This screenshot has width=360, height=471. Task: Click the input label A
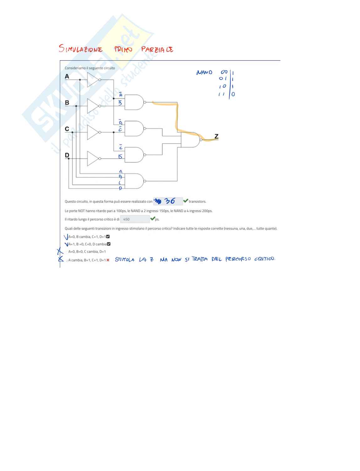point(67,76)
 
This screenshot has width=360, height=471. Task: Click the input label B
point(67,103)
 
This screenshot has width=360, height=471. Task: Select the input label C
point(67,129)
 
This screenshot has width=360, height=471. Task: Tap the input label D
point(67,155)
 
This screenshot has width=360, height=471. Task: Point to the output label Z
point(216,136)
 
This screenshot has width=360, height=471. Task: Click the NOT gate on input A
point(93,80)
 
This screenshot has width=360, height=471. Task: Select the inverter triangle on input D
point(93,158)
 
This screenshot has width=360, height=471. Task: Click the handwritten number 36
point(170,201)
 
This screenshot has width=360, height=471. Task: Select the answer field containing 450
point(135,219)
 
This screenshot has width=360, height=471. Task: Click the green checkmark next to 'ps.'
point(153,219)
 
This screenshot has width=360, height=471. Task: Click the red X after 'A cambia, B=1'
point(108,260)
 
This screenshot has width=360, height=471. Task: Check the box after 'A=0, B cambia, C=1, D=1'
point(108,237)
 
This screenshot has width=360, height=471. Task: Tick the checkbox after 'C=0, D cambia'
point(109,244)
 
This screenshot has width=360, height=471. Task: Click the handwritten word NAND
point(204,72)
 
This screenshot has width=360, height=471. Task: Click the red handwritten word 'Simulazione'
point(81,49)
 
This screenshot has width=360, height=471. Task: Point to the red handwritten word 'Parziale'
point(157,49)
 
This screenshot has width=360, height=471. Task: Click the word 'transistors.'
point(198,201)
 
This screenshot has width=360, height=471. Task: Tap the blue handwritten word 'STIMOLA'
point(124,260)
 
